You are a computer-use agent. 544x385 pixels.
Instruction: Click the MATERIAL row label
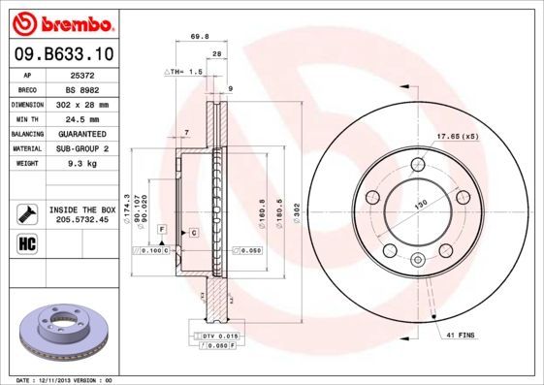25,149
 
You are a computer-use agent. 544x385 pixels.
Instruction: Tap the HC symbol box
26,243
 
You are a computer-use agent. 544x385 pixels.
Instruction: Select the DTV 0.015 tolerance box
218,335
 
